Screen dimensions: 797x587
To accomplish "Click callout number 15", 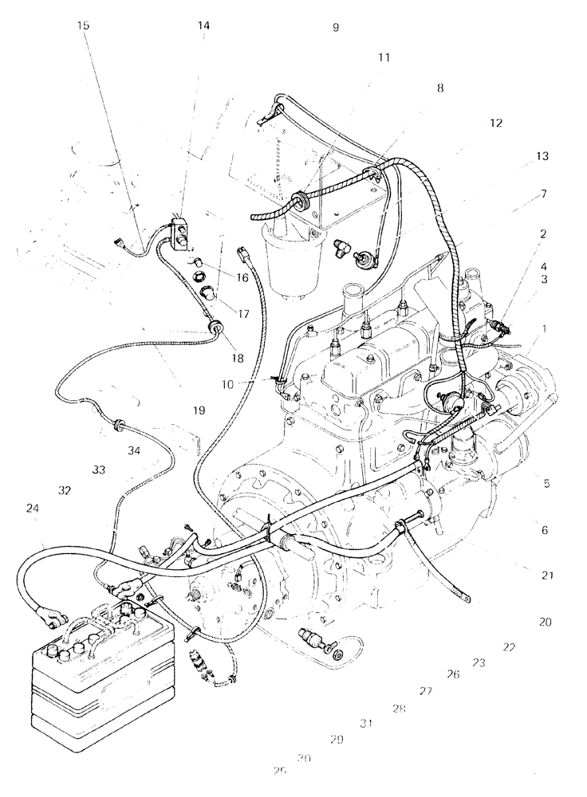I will coord(84,26).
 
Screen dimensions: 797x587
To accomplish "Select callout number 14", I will coord(204,26).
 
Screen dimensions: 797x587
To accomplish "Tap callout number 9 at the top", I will coord(336,27).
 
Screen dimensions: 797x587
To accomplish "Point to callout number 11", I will coord(384,57).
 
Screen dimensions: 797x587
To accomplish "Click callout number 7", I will coord(542,194).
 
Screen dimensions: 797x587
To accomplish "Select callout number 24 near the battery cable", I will coord(32,507).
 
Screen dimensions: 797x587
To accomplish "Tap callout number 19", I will coord(199,410).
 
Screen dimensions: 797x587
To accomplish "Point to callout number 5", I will coord(546,483).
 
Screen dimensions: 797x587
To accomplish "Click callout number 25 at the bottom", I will coord(278,771).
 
